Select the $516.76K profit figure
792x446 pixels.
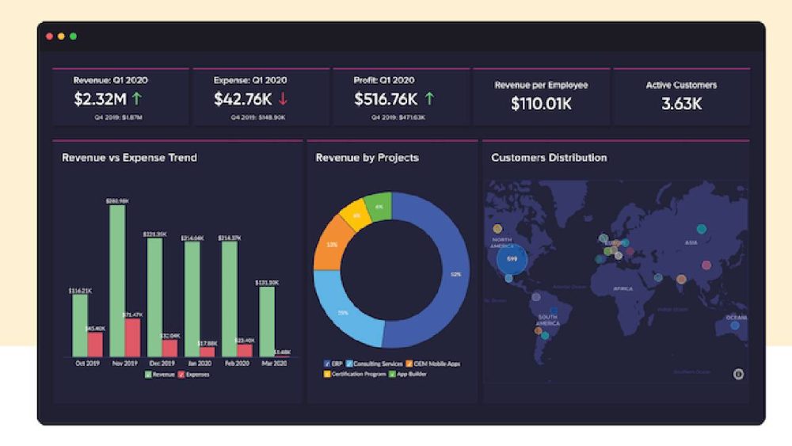[385, 100]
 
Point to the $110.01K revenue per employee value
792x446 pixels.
[541, 103]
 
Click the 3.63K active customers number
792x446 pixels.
[681, 103]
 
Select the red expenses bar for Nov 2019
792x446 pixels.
[133, 337]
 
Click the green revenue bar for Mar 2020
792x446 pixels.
[267, 321]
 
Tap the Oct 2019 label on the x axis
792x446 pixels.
[87, 364]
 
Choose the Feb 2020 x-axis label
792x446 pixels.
[237, 364]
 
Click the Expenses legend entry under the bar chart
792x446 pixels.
[193, 374]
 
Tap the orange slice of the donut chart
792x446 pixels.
[329, 243]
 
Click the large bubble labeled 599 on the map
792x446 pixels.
[512, 259]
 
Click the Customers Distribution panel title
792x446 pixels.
[549, 158]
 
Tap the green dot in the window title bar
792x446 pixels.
[73, 36]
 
